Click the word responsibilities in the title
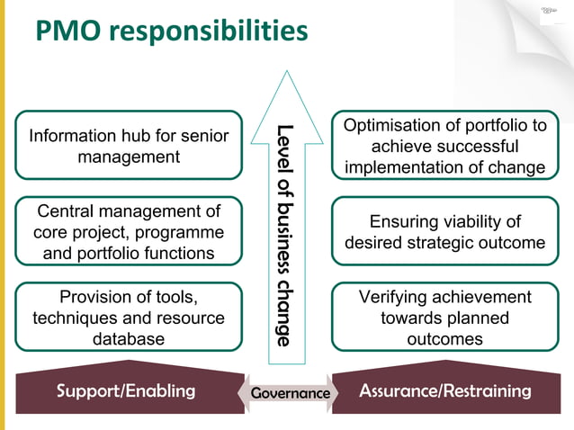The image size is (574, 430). point(213,32)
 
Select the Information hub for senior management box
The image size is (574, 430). point(129,145)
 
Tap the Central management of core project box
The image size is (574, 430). point(129,232)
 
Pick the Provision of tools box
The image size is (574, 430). point(129,318)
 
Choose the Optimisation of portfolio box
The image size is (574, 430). point(444,145)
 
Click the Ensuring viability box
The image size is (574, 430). point(444,232)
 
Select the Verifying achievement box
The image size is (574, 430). point(444,318)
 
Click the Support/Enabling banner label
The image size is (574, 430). point(126,391)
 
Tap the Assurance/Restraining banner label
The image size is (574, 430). point(445,391)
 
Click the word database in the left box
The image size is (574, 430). point(129,339)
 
